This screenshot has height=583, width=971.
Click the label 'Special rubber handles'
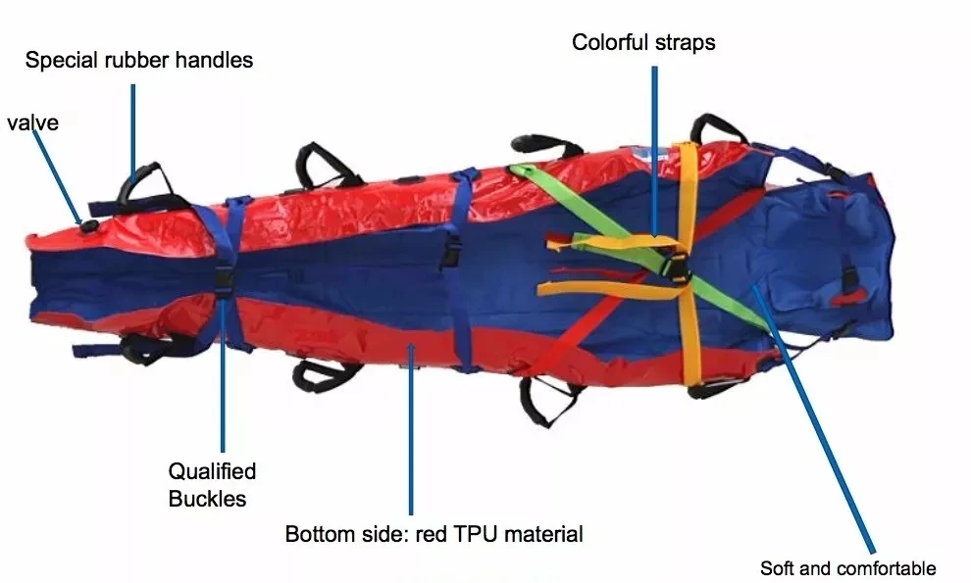(138, 60)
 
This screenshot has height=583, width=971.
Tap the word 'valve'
(32, 122)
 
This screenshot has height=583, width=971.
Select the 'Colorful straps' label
(643, 42)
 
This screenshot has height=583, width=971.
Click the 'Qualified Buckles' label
(212, 484)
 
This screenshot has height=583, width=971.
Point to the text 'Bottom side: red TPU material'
(434, 534)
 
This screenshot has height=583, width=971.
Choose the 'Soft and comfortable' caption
(847, 568)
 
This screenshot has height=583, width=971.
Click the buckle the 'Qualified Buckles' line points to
(223, 278)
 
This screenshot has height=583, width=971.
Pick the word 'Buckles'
(207, 498)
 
